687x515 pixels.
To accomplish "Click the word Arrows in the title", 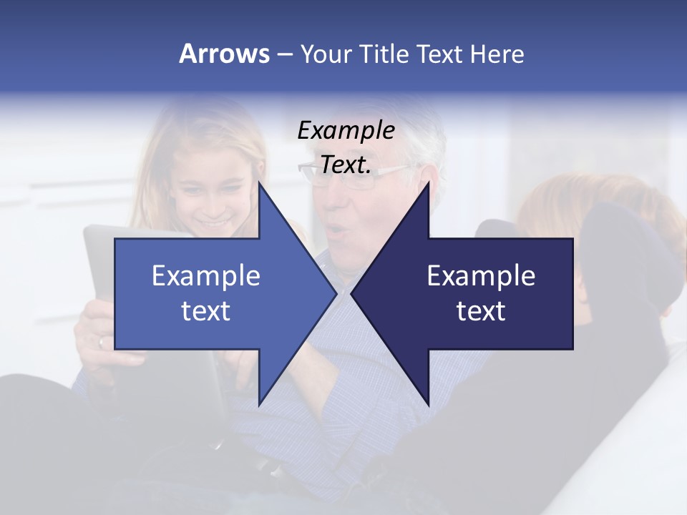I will coord(224,54).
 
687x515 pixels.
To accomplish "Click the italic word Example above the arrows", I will coord(346,130).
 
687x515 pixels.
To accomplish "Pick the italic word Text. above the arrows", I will coord(346,165).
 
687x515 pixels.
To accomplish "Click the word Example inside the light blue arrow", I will coord(206,276).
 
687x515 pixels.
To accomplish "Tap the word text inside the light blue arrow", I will coord(206,310).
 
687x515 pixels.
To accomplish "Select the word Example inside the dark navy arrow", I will coord(481,276).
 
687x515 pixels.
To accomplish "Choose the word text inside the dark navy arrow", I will coord(481,310).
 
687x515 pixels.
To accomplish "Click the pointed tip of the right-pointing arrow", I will coord(336,293).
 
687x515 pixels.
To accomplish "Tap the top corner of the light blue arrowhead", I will coord(260,184).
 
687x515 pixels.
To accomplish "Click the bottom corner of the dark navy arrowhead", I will coord(428,403).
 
